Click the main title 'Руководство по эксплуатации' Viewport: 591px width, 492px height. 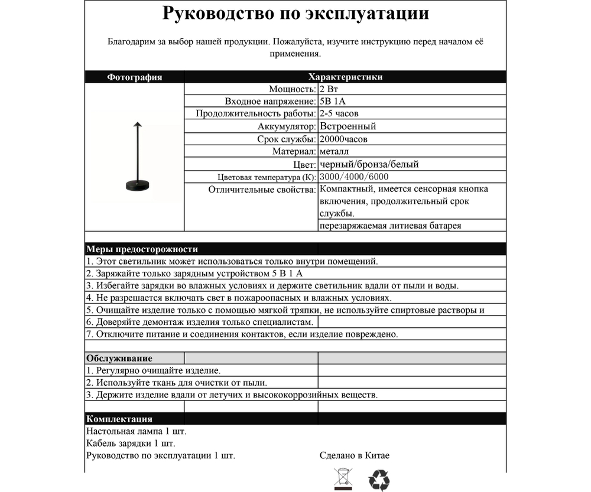295,14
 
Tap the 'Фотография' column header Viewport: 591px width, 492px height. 134,77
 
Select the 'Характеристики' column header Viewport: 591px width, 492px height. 345,77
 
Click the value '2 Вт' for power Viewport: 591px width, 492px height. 329,89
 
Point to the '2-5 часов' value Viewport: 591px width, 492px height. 339,113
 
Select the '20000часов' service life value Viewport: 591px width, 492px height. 343,139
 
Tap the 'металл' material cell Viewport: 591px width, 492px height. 333,152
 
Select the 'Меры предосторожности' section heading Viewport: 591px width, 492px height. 142,249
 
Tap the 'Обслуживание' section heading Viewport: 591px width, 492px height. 119,358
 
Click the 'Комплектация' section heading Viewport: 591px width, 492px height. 119,419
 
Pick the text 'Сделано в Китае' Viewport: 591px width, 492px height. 354,456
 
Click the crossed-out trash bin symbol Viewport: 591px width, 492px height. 342,479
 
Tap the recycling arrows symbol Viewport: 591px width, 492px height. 379,480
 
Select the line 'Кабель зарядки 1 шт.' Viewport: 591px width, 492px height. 131,444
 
